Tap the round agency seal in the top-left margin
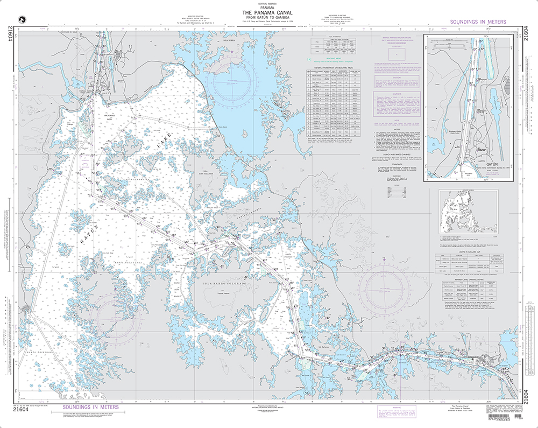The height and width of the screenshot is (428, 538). (x=22, y=20)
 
